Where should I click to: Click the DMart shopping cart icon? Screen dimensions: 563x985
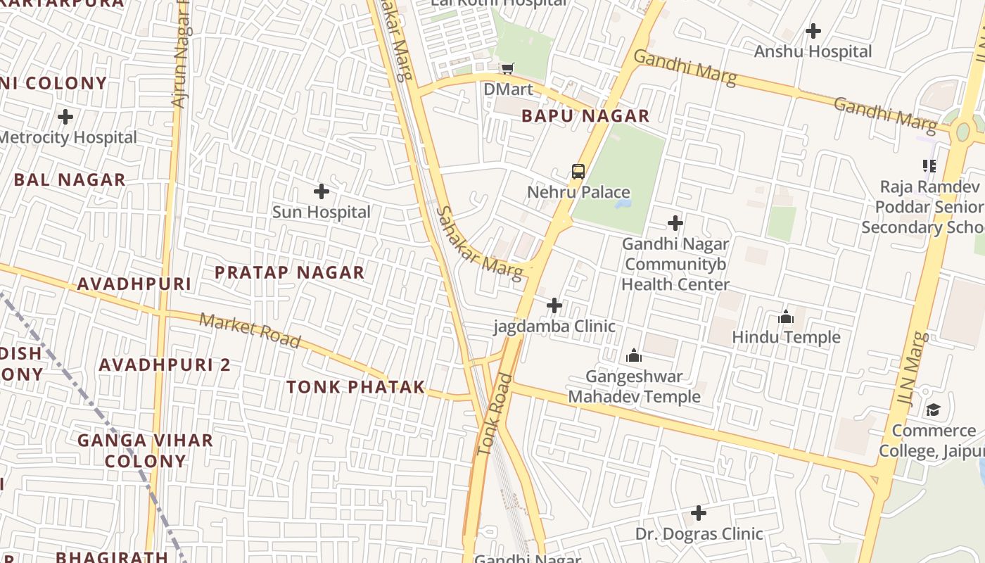[507, 68]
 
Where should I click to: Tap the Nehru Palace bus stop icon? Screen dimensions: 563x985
[578, 171]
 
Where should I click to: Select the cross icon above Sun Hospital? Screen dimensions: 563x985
[322, 191]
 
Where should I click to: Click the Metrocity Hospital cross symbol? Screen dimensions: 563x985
[65, 116]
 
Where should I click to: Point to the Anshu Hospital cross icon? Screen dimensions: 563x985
[813, 31]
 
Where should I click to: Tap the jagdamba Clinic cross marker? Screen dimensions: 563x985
[554, 305]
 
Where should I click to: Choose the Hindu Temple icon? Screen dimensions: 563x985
[786, 317]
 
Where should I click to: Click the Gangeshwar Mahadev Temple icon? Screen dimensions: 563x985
[634, 356]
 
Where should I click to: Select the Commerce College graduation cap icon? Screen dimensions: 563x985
[933, 410]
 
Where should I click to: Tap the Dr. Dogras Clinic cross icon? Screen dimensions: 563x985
[699, 513]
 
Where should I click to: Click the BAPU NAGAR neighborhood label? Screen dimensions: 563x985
[585, 116]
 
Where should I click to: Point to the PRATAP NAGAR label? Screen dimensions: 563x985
[289, 272]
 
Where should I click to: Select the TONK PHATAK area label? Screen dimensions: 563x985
[355, 387]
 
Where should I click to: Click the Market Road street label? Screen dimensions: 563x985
[250, 331]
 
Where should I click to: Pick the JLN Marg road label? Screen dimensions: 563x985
[910, 369]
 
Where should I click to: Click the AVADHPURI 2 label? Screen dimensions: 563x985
[165, 365]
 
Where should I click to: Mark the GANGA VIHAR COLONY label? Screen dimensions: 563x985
[145, 450]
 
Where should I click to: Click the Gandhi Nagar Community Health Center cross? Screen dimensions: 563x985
[675, 224]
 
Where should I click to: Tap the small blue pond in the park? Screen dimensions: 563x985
[622, 204]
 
